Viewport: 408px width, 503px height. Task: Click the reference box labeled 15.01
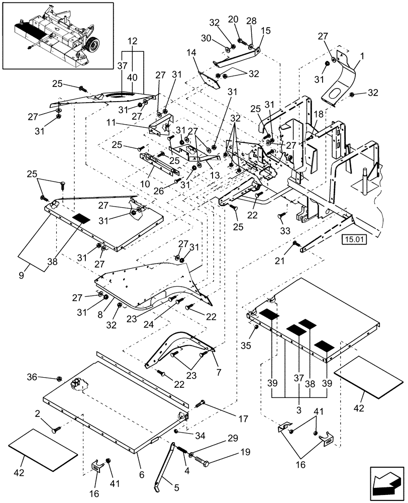tap(355, 239)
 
